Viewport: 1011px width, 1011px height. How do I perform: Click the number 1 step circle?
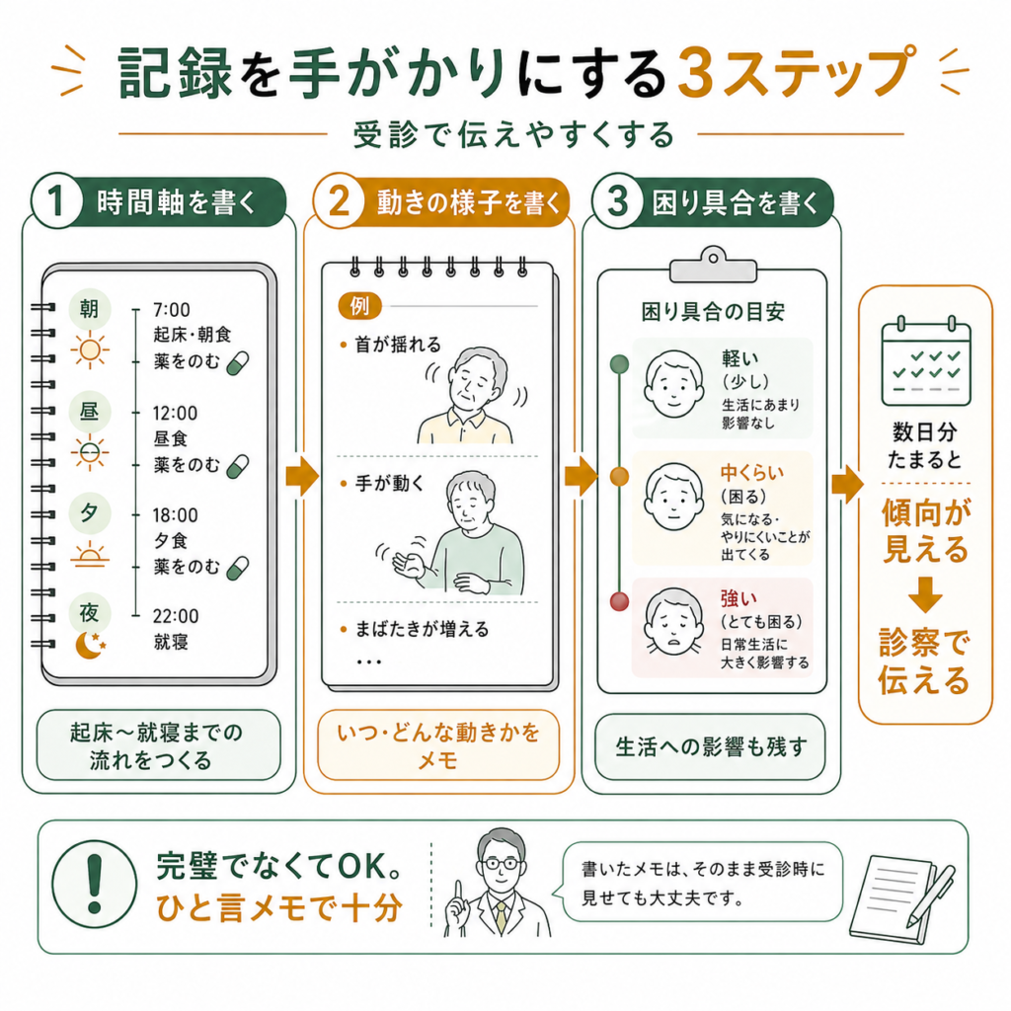pyautogui.click(x=56, y=200)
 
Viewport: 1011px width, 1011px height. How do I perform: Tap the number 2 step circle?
pyautogui.click(x=338, y=200)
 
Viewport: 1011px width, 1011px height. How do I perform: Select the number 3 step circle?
pyautogui.click(x=617, y=200)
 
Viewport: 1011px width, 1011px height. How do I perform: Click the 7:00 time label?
pyautogui.click(x=172, y=310)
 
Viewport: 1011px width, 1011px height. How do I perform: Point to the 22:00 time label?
pyautogui.click(x=176, y=616)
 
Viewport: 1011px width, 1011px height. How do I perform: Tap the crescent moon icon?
pyautogui.click(x=90, y=646)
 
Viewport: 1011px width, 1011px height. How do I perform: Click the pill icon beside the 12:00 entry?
pyautogui.click(x=237, y=466)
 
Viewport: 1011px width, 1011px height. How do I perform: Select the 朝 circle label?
pyautogui.click(x=90, y=309)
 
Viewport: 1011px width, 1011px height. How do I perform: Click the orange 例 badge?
pyautogui.click(x=359, y=306)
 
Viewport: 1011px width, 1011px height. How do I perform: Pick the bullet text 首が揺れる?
pyautogui.click(x=398, y=345)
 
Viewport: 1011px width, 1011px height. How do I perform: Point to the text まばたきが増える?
pyautogui.click(x=423, y=629)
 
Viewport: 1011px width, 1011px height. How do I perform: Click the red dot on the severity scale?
pyautogui.click(x=619, y=601)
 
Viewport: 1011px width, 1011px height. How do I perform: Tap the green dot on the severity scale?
pyautogui.click(x=619, y=363)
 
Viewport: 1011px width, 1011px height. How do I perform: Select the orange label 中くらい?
pyautogui.click(x=751, y=473)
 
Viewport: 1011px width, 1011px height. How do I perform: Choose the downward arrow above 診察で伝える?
pyautogui.click(x=925, y=593)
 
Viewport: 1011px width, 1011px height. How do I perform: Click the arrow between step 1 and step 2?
pyautogui.click(x=302, y=477)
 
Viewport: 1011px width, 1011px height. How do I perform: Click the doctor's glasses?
pyautogui.click(x=501, y=864)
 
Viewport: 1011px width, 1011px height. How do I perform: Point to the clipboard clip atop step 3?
pyautogui.click(x=713, y=265)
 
